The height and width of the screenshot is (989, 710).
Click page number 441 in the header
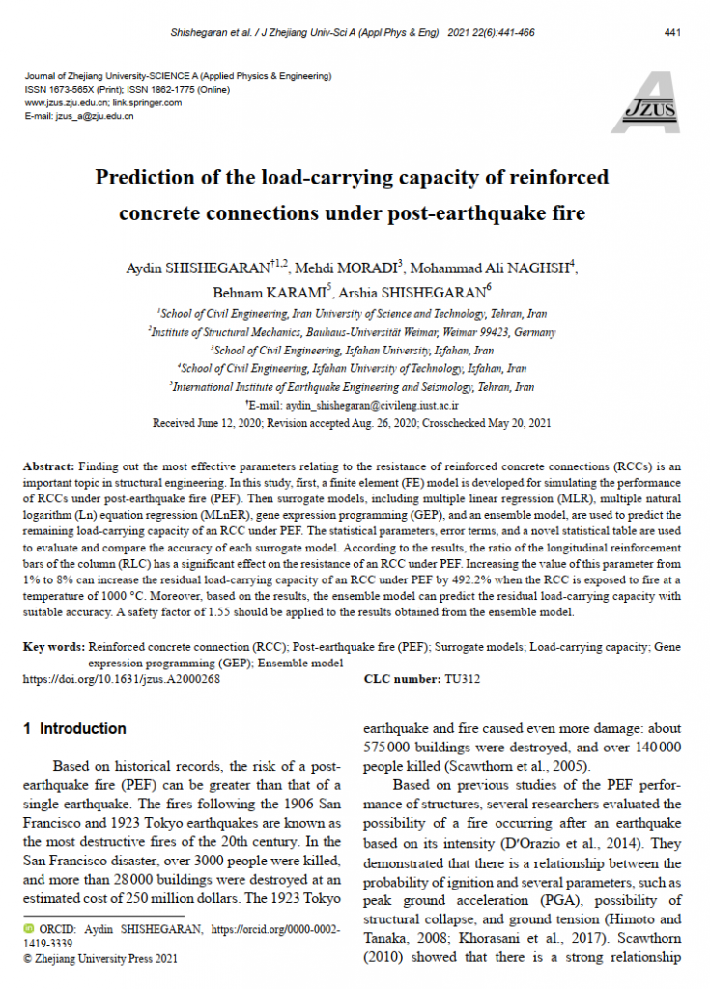tap(673, 33)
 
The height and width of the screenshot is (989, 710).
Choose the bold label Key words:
tap(53, 645)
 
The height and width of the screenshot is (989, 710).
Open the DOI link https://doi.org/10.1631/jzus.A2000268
tap(122, 679)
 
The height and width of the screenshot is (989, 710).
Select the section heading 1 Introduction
tap(74, 729)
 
